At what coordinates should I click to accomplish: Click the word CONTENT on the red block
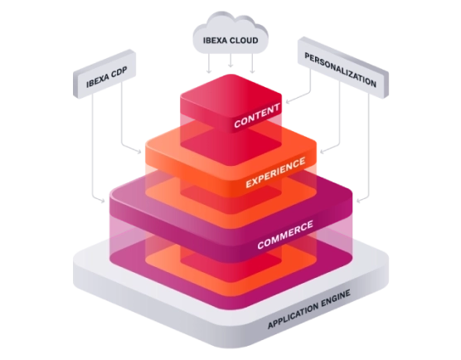pos(257,115)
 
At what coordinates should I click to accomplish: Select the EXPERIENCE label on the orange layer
pos(276,173)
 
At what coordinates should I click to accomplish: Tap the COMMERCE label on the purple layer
pos(285,235)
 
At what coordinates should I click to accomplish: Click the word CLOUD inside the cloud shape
pos(245,41)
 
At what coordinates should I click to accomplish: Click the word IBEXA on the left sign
pos(97,81)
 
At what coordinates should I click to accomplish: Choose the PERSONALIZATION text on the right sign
pos(340,70)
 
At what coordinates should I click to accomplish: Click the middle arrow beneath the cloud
pos(230,61)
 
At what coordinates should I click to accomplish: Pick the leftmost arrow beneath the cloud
pos(209,63)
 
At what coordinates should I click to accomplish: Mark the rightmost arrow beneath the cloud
pos(252,63)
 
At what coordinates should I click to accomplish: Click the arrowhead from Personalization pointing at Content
pos(288,102)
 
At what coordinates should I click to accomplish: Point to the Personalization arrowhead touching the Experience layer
pos(323,152)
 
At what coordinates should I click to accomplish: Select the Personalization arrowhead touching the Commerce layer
pos(359,201)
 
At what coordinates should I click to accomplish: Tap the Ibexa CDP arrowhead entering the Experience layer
pos(138,152)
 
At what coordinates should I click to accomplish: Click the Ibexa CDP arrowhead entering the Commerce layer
pos(102,201)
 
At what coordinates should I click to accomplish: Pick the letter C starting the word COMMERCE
pos(261,245)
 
